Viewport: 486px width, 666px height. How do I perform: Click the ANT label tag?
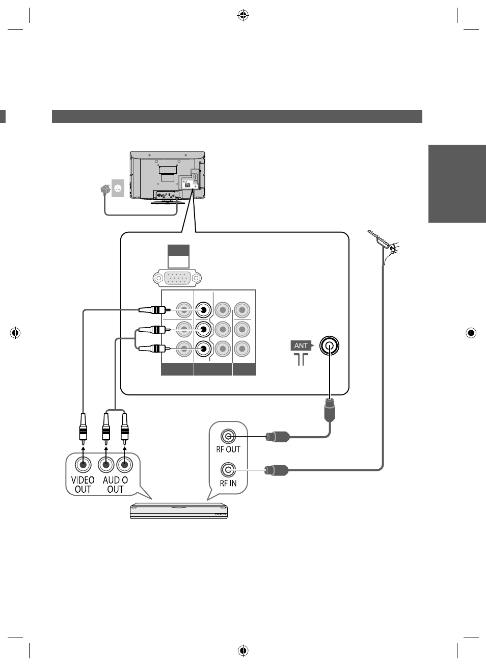click(x=302, y=345)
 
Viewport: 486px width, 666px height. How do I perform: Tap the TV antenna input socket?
click(x=330, y=345)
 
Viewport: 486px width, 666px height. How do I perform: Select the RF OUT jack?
click(x=228, y=437)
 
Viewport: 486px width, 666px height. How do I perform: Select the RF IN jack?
click(x=228, y=470)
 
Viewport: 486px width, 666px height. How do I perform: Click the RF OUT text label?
click(x=228, y=449)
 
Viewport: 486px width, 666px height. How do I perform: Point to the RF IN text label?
click(x=228, y=484)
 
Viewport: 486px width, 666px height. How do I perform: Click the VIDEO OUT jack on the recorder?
click(x=83, y=464)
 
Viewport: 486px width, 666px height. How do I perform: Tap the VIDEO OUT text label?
click(x=83, y=485)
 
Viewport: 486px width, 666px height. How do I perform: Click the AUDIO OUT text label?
click(x=115, y=485)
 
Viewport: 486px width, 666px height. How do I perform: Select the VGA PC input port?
click(x=177, y=278)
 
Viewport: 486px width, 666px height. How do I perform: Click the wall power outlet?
click(x=118, y=188)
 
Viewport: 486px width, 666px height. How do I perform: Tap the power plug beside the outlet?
click(x=105, y=190)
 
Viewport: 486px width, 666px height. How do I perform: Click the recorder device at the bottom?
click(x=179, y=511)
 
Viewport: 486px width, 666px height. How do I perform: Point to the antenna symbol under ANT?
click(x=301, y=359)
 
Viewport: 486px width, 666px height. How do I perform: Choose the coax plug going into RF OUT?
click(x=278, y=437)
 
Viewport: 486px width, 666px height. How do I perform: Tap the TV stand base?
click(x=168, y=202)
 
